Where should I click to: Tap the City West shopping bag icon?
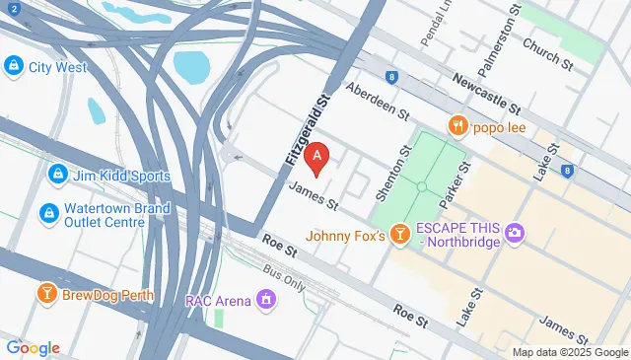point(13,67)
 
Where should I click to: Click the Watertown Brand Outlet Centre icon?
point(47,214)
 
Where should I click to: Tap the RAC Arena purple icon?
point(264,298)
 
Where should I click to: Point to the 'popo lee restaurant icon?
point(457,125)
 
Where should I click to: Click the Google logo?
point(33,347)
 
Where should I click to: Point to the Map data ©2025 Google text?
point(570,352)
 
